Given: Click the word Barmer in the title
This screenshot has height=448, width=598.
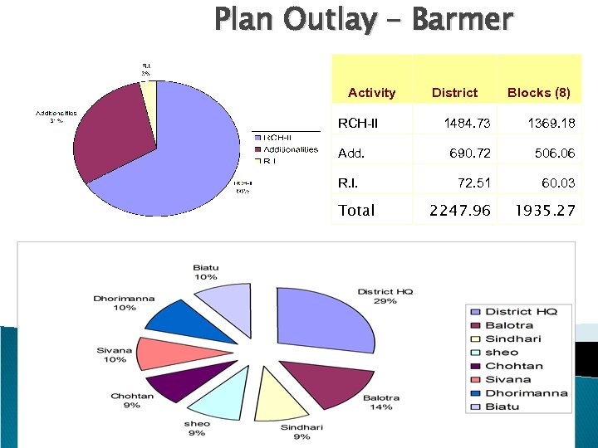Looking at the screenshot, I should [x=462, y=18].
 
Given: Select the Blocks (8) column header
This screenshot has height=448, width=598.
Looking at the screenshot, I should [x=538, y=92].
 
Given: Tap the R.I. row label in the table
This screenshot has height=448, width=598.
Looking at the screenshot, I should [x=349, y=183].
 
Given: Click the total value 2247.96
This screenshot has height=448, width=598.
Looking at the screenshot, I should [x=459, y=211].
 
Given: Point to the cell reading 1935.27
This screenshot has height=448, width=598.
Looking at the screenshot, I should [x=545, y=211].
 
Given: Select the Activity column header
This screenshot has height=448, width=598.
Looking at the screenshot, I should [x=371, y=92].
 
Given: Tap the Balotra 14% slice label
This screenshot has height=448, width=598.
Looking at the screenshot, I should [x=381, y=402].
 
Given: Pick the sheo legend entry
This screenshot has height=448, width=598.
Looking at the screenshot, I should [x=502, y=352].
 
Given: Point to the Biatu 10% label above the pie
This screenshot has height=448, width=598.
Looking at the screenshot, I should [x=205, y=271].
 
